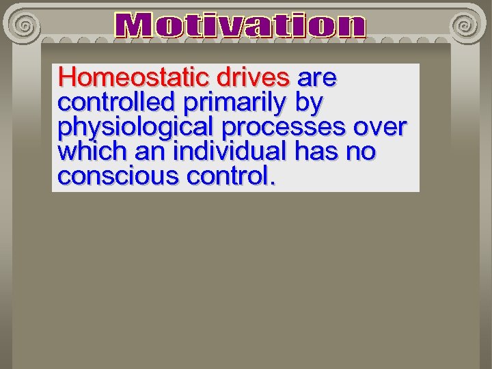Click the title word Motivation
click(x=241, y=27)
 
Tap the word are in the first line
click(x=316, y=78)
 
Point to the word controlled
click(x=116, y=102)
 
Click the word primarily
click(x=234, y=102)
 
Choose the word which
click(x=89, y=152)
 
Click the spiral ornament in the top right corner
click(x=465, y=25)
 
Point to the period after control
click(x=273, y=183)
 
